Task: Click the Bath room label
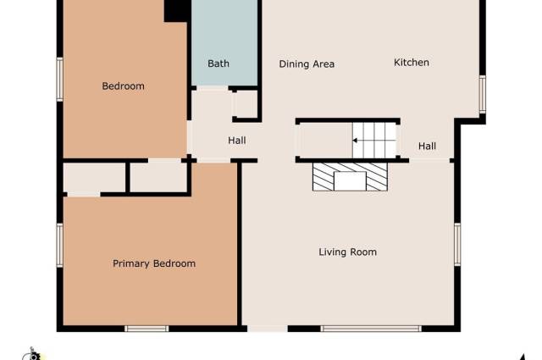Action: (218, 64)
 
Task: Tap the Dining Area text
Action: (307, 64)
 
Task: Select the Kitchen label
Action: (412, 63)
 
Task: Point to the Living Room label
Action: (348, 252)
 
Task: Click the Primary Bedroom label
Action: (154, 264)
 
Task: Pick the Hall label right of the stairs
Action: (427, 147)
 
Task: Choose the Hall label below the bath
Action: (237, 141)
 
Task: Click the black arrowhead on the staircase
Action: (355, 141)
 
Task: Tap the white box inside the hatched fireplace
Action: (350, 181)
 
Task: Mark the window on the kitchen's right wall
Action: (483, 94)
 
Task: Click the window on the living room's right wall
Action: (457, 245)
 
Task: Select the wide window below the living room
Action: (371, 329)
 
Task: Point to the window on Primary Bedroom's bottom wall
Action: (147, 329)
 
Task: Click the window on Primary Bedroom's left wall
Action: (60, 245)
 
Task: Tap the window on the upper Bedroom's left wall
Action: (60, 80)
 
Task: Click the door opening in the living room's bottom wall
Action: (268, 329)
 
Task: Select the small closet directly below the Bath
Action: (245, 104)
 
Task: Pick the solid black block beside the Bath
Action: (177, 11)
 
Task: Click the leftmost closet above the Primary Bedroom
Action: (94, 178)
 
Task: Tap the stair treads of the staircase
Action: (374, 141)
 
